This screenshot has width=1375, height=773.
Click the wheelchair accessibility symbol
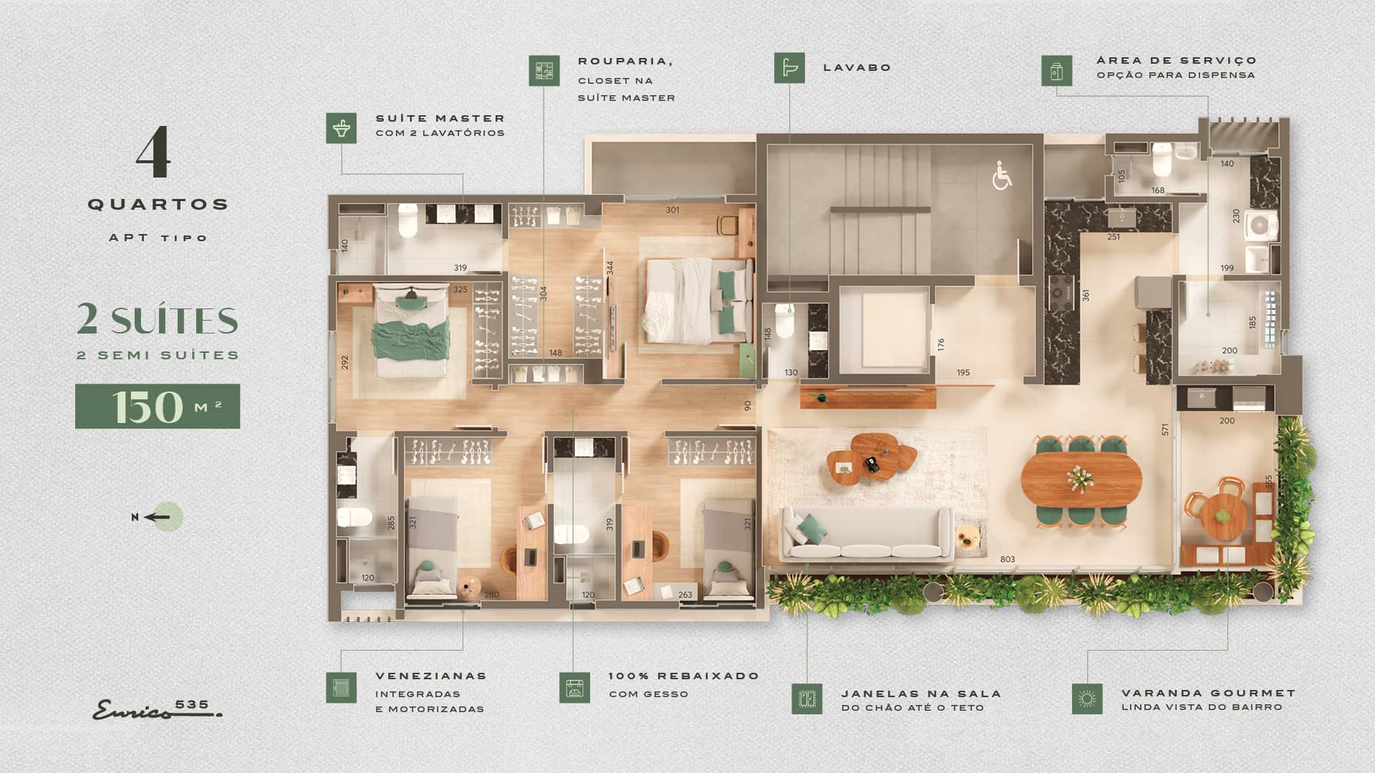click(1002, 175)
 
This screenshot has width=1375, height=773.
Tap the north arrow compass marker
click(159, 517)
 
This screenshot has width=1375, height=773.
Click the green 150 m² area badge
click(158, 407)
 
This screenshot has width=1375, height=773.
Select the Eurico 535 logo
click(157, 709)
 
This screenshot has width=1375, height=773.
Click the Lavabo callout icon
click(789, 68)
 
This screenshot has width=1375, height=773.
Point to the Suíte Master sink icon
click(341, 128)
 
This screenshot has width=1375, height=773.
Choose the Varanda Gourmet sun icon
click(1087, 699)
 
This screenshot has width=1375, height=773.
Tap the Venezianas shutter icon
click(341, 687)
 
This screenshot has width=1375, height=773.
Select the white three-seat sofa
click(867, 533)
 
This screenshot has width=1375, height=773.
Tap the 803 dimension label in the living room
click(1008, 560)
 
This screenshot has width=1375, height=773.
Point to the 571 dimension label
click(1165, 429)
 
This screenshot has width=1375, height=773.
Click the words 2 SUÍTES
click(158, 320)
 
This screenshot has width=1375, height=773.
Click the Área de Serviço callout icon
click(1057, 71)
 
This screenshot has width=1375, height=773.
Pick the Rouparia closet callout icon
click(544, 71)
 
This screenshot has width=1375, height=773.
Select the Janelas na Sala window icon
click(807, 699)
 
